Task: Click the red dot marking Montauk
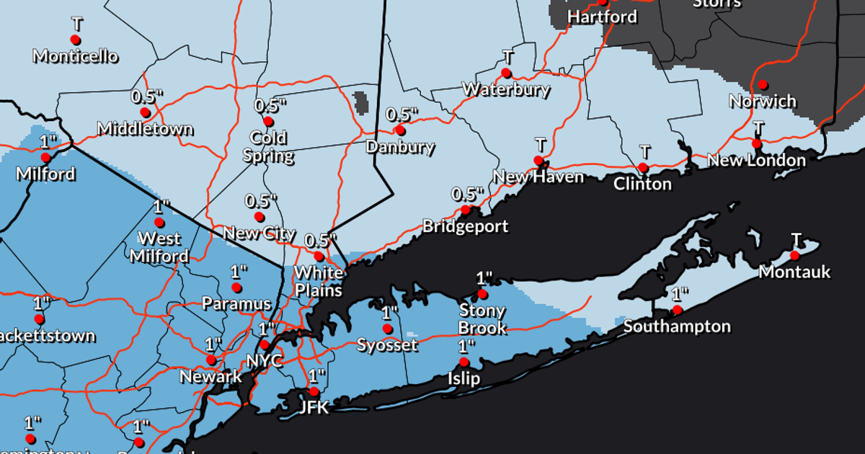coord(794,255)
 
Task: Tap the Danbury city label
coord(400,148)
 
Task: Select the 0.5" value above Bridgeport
coord(466,194)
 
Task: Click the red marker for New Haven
coord(538,160)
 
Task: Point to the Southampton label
coord(677,326)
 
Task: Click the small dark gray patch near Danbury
coord(361,102)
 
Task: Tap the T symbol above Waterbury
coord(507,57)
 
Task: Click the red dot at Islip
coord(464,362)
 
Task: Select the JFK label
coord(314,407)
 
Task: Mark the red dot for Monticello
coord(76,40)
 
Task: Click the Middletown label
coord(145,129)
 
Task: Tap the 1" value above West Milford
coord(160,206)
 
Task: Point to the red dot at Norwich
coord(763,85)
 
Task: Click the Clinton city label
coord(642,184)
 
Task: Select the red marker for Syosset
coord(388,329)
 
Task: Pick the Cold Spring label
coord(268,146)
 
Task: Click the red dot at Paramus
coord(236,288)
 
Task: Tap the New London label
coord(756,160)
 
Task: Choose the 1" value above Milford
coord(48,141)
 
